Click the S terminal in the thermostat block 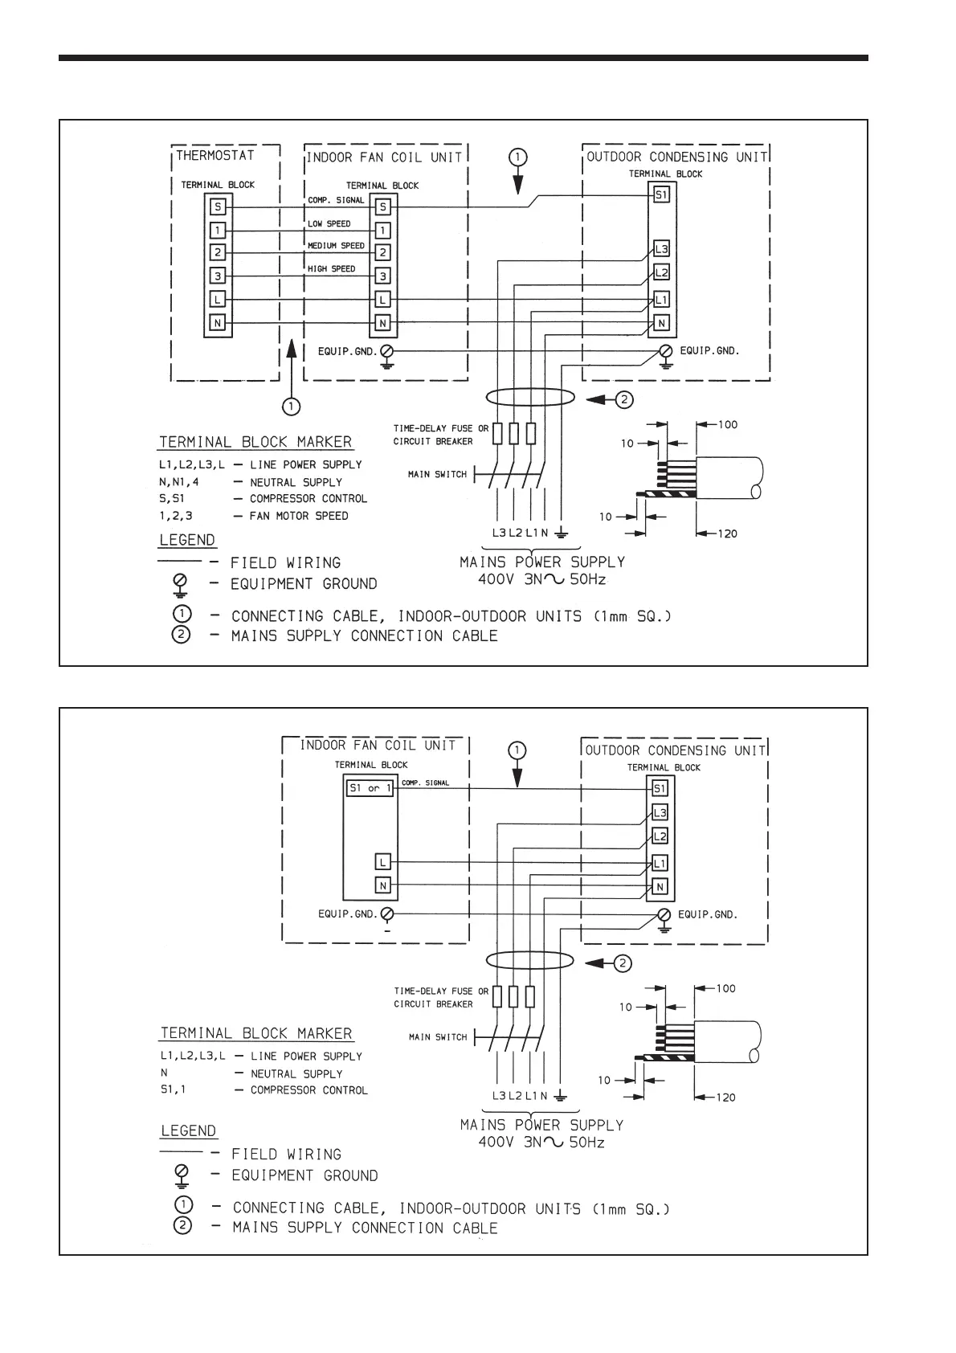pyautogui.click(x=218, y=206)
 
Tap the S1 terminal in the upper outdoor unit pyautogui.click(x=661, y=194)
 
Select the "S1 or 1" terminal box pyautogui.click(x=370, y=788)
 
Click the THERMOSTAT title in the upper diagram pyautogui.click(x=215, y=155)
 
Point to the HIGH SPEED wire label pyautogui.click(x=331, y=269)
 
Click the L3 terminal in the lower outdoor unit pyautogui.click(x=660, y=812)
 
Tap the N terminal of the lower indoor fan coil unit pyautogui.click(x=383, y=885)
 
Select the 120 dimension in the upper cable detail pyautogui.click(x=726, y=533)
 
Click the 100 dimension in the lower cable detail pyautogui.click(x=725, y=988)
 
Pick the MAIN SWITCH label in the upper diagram pyautogui.click(x=437, y=475)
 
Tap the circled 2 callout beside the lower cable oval pyautogui.click(x=624, y=963)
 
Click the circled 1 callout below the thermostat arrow pyautogui.click(x=291, y=407)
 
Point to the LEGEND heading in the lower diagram pyautogui.click(x=189, y=1130)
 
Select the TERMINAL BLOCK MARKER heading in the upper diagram pyautogui.click(x=255, y=442)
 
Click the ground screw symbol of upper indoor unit pyautogui.click(x=386, y=352)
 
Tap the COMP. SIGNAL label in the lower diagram pyautogui.click(x=425, y=783)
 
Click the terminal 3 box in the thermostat pyautogui.click(x=218, y=276)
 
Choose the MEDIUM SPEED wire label pyautogui.click(x=336, y=246)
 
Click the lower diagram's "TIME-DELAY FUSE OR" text pyautogui.click(x=440, y=991)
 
